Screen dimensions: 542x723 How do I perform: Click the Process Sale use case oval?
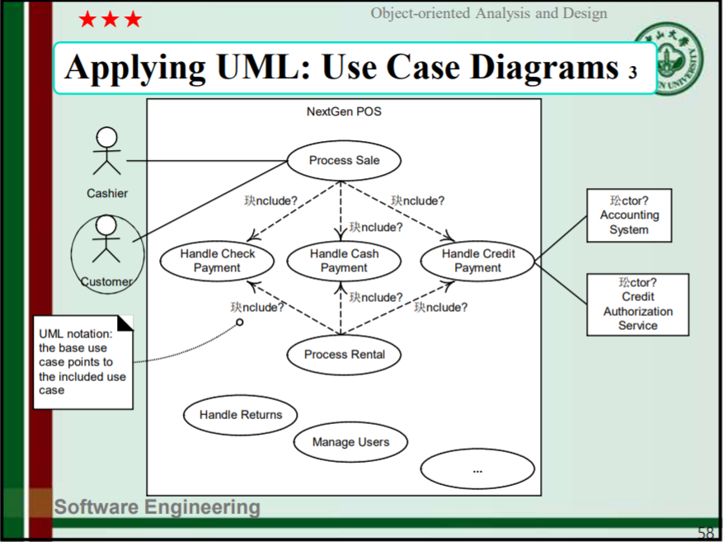tap(344, 161)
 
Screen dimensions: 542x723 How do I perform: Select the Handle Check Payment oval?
tap(218, 261)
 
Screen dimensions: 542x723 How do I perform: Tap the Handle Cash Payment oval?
tap(344, 261)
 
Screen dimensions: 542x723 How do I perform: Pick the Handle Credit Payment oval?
tap(477, 261)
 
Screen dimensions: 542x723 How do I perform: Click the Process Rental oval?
tap(344, 355)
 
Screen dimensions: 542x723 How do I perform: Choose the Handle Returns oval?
tap(240, 415)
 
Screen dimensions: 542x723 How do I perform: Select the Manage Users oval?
tap(350, 442)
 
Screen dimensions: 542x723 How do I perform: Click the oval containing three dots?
tap(477, 469)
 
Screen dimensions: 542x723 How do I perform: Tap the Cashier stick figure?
tap(106, 152)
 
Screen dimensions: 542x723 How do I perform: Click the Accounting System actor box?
tap(629, 215)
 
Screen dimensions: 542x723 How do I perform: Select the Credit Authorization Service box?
tap(637, 304)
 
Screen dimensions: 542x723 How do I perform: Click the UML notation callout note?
tap(82, 361)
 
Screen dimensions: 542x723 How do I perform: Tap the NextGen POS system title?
tap(344, 111)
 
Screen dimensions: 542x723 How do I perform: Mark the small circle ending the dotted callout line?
tap(240, 322)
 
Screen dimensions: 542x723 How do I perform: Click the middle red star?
tap(110, 20)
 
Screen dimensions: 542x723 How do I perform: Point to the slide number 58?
tap(707, 532)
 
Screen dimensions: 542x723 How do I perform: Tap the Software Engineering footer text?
tap(157, 507)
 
